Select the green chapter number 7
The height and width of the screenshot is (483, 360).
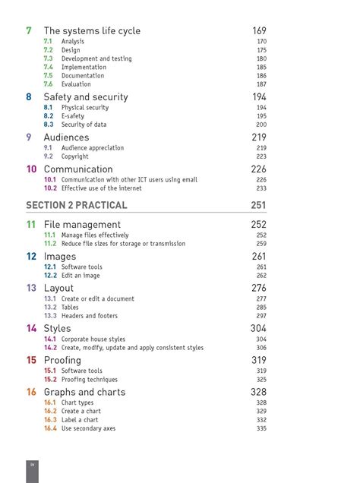click(29, 31)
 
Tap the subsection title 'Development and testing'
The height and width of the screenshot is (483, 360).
click(96, 58)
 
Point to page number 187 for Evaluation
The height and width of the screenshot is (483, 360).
click(261, 84)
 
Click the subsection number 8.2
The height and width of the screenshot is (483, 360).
click(49, 116)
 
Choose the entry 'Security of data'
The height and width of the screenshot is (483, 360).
click(84, 125)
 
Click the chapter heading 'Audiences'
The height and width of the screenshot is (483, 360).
click(66, 137)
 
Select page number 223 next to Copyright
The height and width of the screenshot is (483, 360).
click(261, 156)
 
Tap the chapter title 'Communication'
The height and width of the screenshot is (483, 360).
click(78, 169)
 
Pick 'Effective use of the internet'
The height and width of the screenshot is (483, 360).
click(101, 188)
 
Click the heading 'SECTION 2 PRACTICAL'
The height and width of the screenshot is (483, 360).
click(77, 205)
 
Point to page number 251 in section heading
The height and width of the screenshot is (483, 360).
click(258, 205)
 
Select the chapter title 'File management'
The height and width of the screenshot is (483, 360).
click(82, 225)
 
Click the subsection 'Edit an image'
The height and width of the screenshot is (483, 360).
click(81, 276)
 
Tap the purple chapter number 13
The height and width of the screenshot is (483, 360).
click(31, 289)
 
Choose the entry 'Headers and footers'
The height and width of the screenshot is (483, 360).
click(90, 316)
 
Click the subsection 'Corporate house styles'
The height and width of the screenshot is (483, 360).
click(93, 339)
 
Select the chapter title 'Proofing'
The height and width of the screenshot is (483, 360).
click(62, 360)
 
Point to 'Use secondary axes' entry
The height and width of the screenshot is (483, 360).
click(88, 428)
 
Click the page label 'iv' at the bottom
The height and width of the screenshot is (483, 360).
click(32, 464)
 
